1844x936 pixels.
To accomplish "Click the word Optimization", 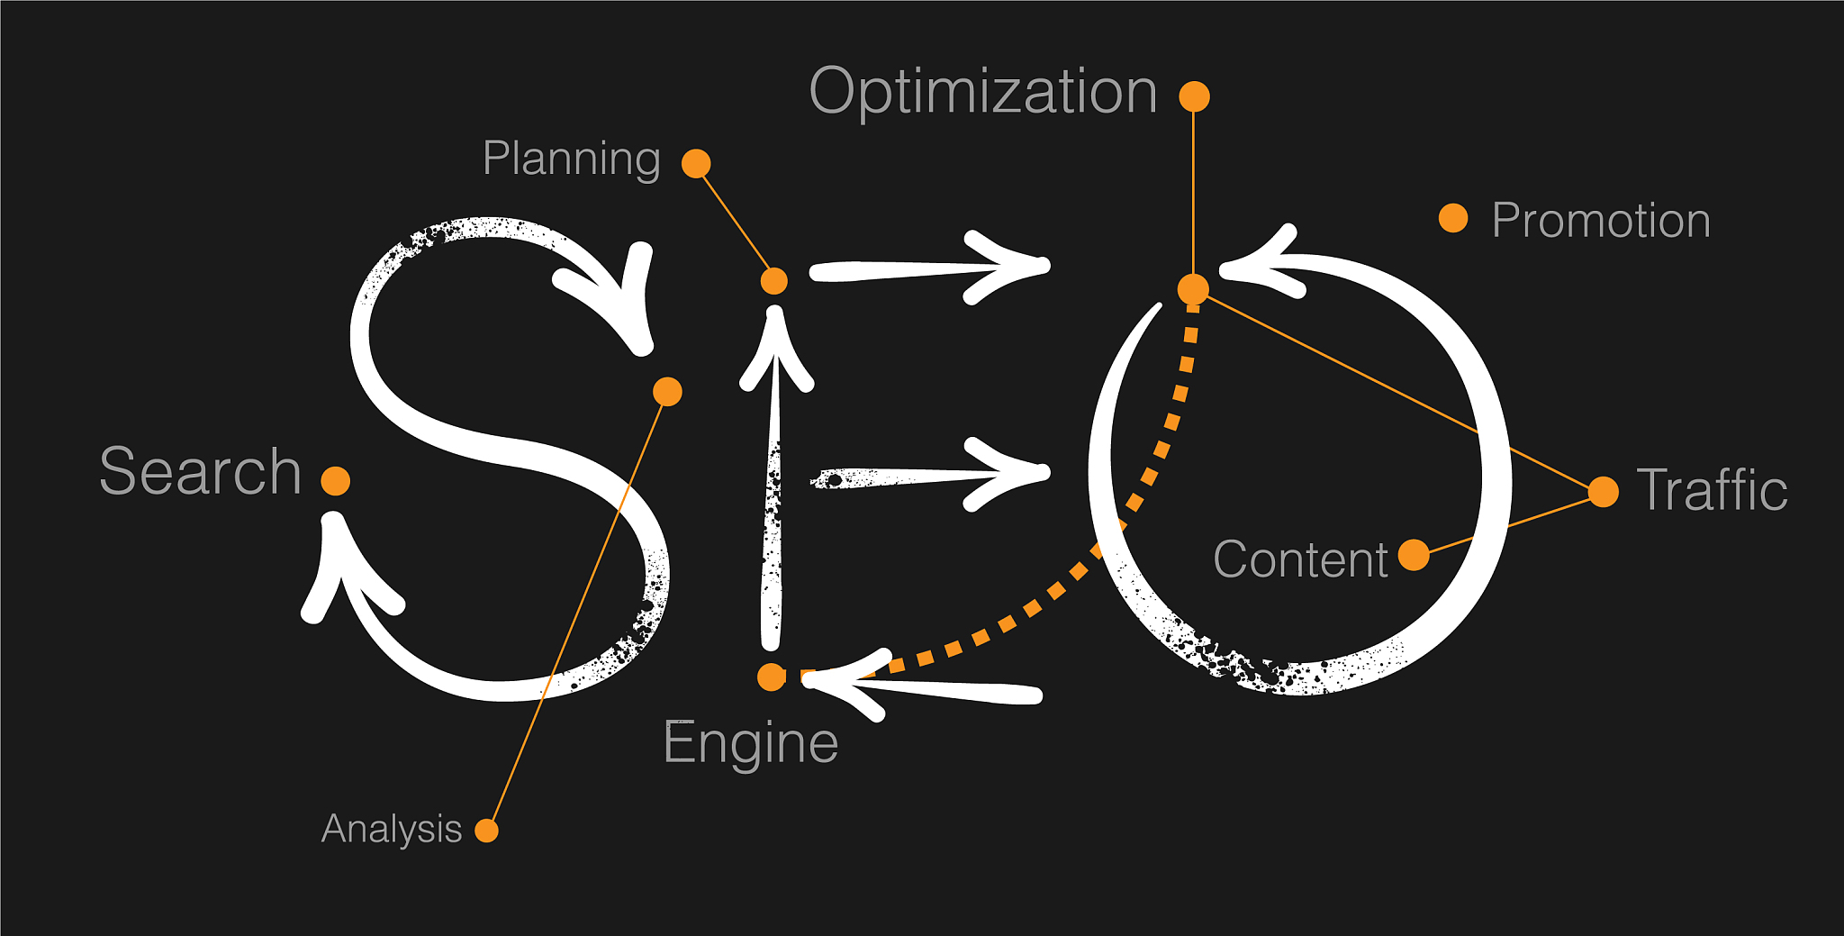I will point(983,92).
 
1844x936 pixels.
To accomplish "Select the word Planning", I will point(572,159).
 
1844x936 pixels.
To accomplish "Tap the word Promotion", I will point(1601,221).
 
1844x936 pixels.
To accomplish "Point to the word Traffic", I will point(1712,490).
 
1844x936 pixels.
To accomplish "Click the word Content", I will point(1300,559).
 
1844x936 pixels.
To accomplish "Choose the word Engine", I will point(750,743).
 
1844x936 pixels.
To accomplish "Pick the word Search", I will point(200,471).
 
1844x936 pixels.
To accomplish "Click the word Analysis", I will point(392,829).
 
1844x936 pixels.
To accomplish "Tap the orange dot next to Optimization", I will point(1194,96).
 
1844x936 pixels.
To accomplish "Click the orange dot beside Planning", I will point(696,163).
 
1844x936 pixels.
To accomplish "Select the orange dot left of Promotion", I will point(1453,218).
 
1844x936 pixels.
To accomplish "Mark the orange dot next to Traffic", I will point(1604,492).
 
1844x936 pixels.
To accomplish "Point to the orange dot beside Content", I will point(1414,555).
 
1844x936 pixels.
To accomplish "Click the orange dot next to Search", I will point(336,481).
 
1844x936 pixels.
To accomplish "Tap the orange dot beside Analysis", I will point(486,830).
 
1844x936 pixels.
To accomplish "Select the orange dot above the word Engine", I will point(772,677).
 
